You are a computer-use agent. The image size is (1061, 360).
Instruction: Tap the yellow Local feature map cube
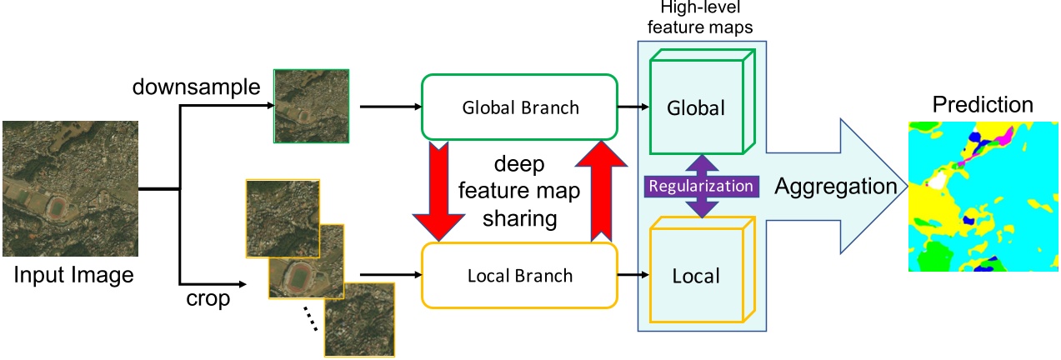coord(697,274)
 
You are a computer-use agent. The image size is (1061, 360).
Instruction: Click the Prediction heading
coord(982,105)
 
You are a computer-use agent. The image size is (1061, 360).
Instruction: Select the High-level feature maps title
coord(703,19)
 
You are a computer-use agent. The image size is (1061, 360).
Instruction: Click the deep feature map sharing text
coord(522,191)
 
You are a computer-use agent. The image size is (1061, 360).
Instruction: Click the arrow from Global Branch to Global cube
coord(633,107)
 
